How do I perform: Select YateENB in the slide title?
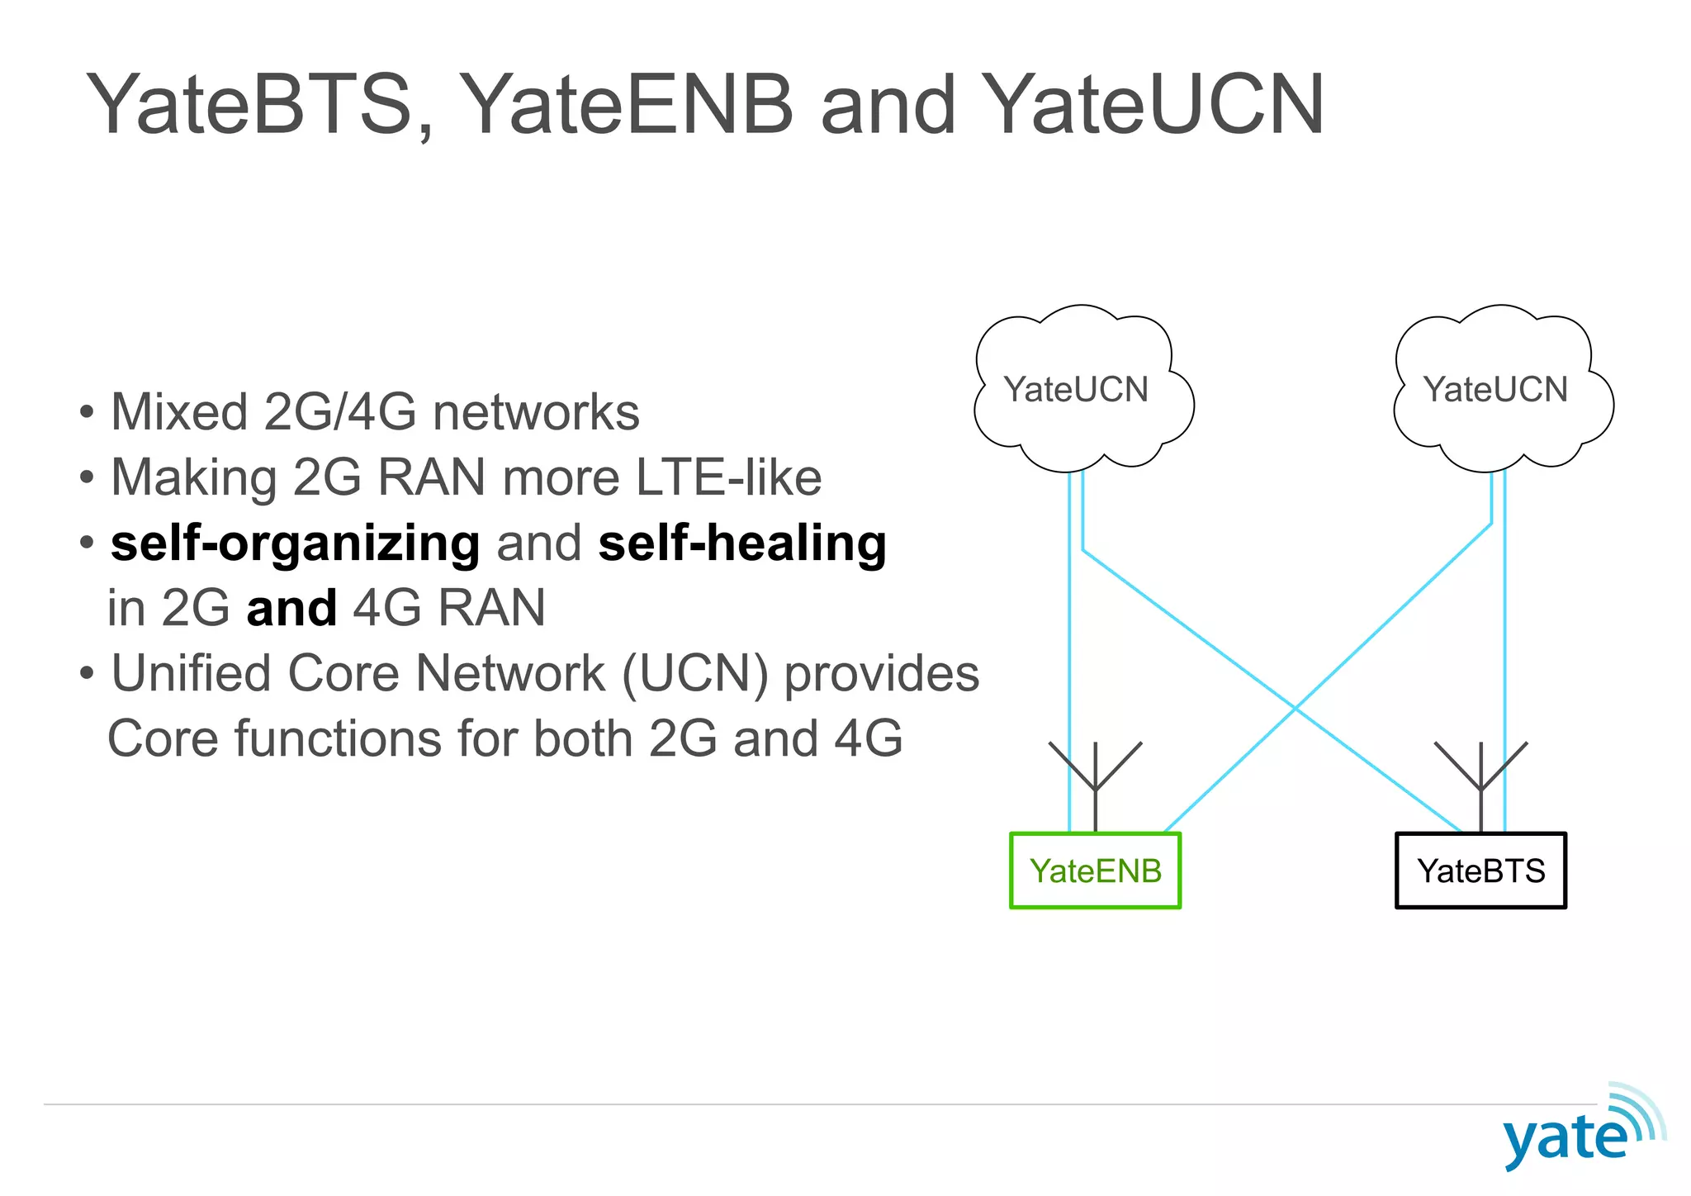pos(625,106)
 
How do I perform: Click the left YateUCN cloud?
pos(1077,389)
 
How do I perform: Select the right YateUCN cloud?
pos(1495,389)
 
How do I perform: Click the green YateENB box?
pos(1095,871)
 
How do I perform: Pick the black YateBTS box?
pos(1480,871)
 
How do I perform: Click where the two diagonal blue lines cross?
pos(1295,709)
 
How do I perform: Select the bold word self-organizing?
pos(295,544)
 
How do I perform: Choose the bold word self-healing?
pos(741,544)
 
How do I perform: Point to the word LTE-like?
pos(728,477)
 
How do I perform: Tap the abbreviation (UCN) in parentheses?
pos(694,674)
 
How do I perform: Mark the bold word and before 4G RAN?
pos(291,609)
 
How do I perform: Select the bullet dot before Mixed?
pos(87,412)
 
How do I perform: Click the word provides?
pos(881,674)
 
